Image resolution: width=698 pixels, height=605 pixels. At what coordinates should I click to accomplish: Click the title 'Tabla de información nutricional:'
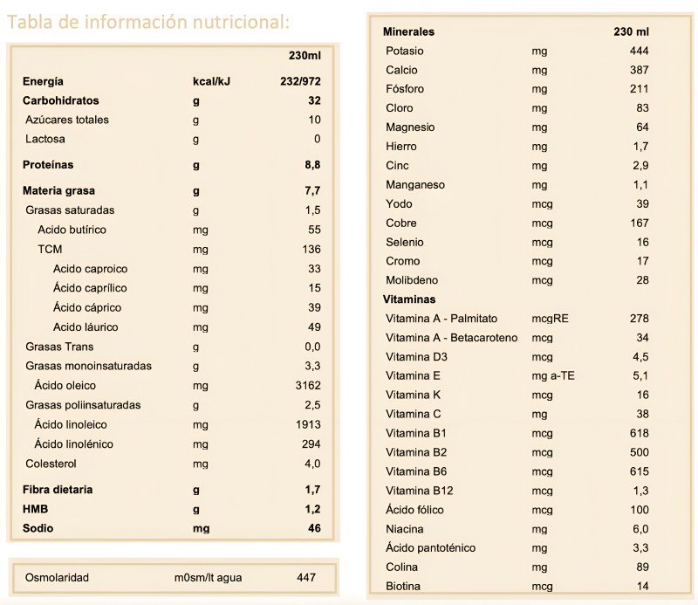coord(148,22)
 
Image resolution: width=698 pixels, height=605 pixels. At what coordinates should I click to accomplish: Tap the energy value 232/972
coord(298,81)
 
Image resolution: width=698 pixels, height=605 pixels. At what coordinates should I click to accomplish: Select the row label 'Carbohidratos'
coord(61,100)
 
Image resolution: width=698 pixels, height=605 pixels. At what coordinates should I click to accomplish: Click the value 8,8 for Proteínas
coord(312,164)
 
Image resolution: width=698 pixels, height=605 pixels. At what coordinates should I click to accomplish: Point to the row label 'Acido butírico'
coord(72,230)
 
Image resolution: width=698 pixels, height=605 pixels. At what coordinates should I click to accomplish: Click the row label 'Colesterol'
coord(52,464)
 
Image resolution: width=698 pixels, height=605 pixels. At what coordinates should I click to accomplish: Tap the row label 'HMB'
coord(36,509)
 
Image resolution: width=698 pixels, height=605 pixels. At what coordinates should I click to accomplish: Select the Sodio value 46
coord(314,528)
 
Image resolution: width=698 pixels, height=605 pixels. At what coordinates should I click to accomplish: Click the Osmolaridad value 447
coord(305,577)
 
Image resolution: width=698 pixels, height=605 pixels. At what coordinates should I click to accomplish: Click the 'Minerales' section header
coord(408,32)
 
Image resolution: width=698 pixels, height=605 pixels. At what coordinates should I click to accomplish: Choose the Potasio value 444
coord(639,52)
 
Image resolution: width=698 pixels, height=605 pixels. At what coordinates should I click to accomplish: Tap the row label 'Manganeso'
coord(415,185)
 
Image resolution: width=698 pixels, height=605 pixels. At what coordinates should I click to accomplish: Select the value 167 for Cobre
coord(639,223)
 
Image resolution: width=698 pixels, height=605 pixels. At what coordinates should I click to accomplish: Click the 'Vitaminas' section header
coord(409,299)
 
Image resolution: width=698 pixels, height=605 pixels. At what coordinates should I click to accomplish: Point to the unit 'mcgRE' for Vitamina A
coord(550,319)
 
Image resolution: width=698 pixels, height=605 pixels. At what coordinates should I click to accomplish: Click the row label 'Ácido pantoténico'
coord(430,548)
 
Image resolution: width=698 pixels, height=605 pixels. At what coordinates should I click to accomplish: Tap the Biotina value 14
coord(642,586)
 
